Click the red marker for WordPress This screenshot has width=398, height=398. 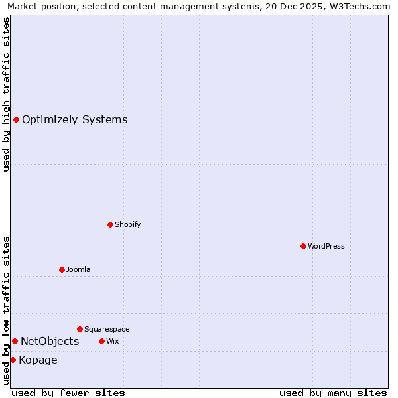pyautogui.click(x=303, y=246)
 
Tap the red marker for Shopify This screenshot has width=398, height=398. pyautogui.click(x=110, y=224)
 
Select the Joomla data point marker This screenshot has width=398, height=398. pyautogui.click(x=62, y=269)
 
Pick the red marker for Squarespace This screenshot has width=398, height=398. pyautogui.click(x=80, y=329)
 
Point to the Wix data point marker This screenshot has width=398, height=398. pyautogui.click(x=101, y=341)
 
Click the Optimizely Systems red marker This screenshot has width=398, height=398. pyautogui.click(x=16, y=119)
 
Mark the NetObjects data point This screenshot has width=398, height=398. pyautogui.click(x=15, y=341)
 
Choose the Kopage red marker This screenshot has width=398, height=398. pyautogui.click(x=13, y=360)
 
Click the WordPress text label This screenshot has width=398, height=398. pyautogui.click(x=326, y=246)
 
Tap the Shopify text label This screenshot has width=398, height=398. pyautogui.click(x=127, y=224)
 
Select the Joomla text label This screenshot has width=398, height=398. pyautogui.click(x=78, y=269)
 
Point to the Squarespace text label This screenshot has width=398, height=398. pyautogui.click(x=107, y=329)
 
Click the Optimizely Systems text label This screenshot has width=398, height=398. pyautogui.click(x=74, y=120)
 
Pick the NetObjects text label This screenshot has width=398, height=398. pyautogui.click(x=50, y=342)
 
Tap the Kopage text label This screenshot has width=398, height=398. pyautogui.click(x=38, y=360)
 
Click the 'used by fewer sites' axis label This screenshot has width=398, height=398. pyautogui.click(x=68, y=393)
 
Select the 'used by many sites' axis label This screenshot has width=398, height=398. pyautogui.click(x=333, y=393)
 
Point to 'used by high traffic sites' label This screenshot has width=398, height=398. pyautogui.click(x=6, y=94)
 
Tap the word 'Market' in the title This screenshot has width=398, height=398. pyautogui.click(x=22, y=7)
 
